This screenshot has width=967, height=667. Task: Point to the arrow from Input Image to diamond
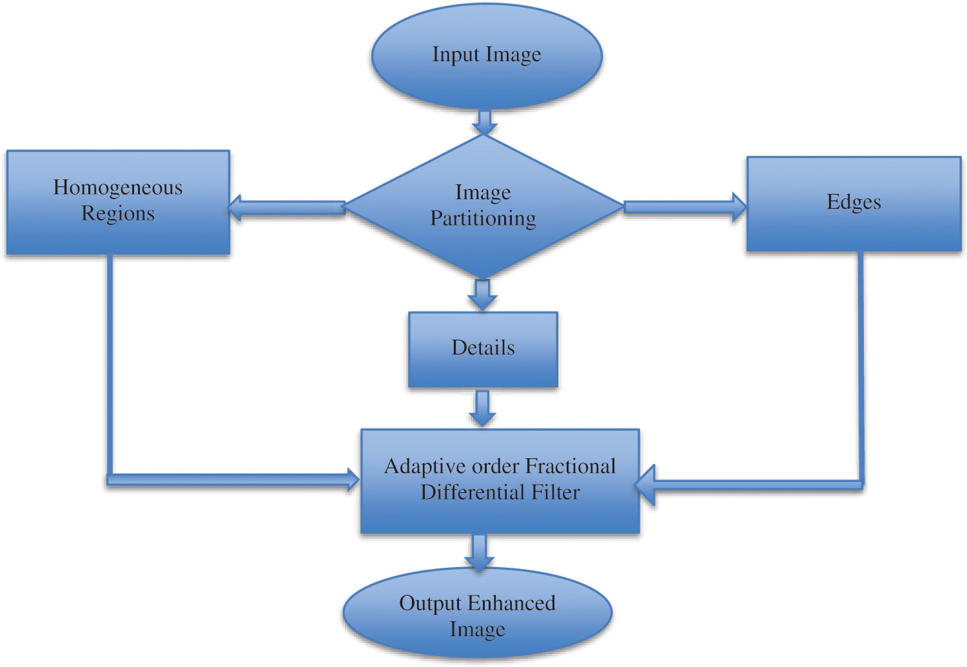coord(484,122)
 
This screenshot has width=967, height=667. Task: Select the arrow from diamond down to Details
coord(482,295)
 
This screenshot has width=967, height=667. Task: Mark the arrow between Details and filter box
coord(482,407)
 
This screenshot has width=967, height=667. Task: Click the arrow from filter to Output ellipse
coord(479,552)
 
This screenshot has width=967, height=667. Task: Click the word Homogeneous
coord(118,188)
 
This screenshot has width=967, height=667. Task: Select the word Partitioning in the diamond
coord(483,218)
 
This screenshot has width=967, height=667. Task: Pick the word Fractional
coord(571,466)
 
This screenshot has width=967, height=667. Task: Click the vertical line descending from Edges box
coord(861,367)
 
